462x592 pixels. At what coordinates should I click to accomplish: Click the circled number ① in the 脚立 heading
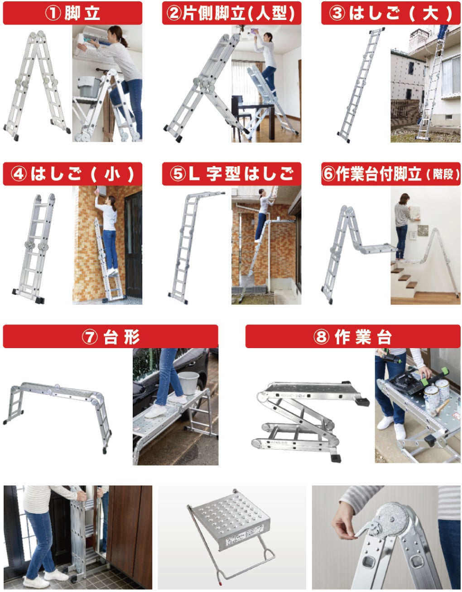53,13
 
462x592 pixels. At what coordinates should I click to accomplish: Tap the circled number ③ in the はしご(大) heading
337,13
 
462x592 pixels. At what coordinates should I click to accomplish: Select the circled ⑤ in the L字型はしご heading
178,174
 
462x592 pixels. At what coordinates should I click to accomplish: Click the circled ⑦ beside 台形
90,337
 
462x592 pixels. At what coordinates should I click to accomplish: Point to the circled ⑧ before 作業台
321,337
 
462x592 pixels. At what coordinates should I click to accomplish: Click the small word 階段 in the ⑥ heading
443,175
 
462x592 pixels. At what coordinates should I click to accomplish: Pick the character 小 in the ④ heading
112,174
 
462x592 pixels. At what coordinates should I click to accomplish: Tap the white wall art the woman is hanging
414,214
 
